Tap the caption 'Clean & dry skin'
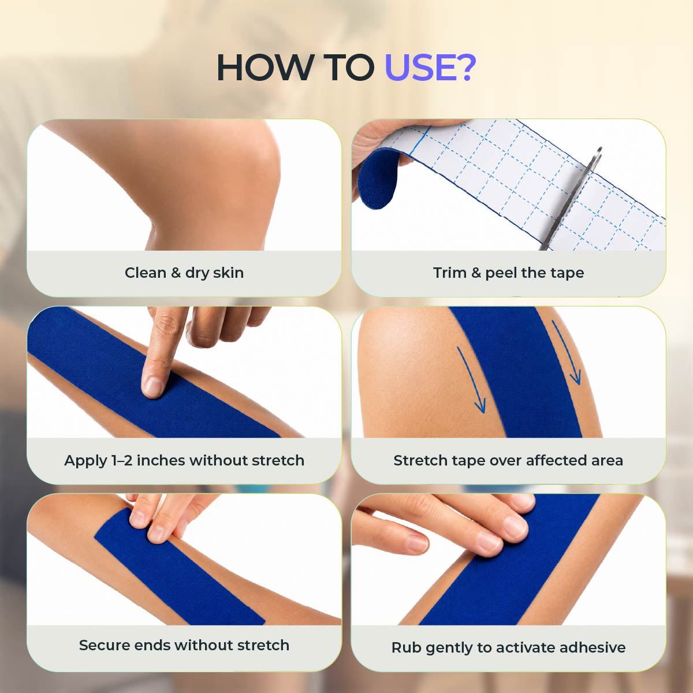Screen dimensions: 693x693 pos(184,273)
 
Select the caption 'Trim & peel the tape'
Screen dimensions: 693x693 pos(508,273)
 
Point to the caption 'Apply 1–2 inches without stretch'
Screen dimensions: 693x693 pos(184,460)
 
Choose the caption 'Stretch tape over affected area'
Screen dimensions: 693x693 pos(508,460)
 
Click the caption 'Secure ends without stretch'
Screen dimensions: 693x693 pos(184,645)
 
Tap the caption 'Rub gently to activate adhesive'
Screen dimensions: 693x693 pos(508,648)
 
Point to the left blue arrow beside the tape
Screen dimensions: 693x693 pos(472,379)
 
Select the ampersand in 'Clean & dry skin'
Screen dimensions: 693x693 pos(176,273)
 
